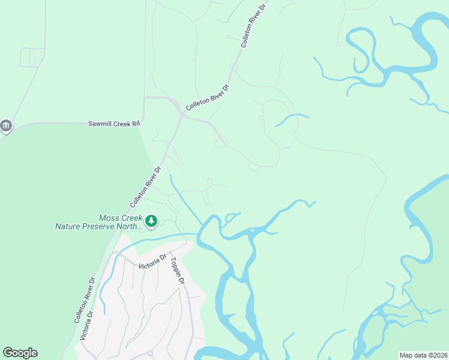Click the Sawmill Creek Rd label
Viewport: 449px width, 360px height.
[x=114, y=123]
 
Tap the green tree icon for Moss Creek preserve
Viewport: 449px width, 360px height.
[x=151, y=222]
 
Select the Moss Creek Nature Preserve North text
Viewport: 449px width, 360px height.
[x=99, y=223]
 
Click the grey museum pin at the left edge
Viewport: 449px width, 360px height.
[x=6, y=125]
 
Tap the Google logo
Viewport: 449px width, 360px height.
[x=20, y=353]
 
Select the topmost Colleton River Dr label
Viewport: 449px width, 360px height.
[x=253, y=25]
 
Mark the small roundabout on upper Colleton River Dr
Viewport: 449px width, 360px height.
[x=234, y=68]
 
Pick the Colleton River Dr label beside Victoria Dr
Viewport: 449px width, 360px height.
[x=85, y=300]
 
